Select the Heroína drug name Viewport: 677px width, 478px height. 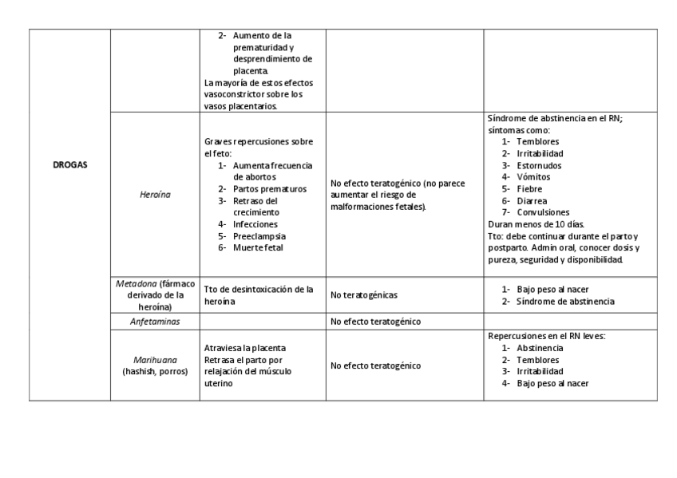tap(155, 194)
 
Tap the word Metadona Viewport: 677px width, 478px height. tap(137, 284)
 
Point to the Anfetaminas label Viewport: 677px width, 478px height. tap(155, 322)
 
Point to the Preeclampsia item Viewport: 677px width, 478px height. tap(259, 236)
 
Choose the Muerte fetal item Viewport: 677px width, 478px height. tap(258, 247)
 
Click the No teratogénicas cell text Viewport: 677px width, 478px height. tap(364, 295)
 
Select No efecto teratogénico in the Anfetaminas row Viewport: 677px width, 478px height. tap(375, 322)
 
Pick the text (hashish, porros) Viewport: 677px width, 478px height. tap(155, 372)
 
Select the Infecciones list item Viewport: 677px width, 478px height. tap(255, 224)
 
